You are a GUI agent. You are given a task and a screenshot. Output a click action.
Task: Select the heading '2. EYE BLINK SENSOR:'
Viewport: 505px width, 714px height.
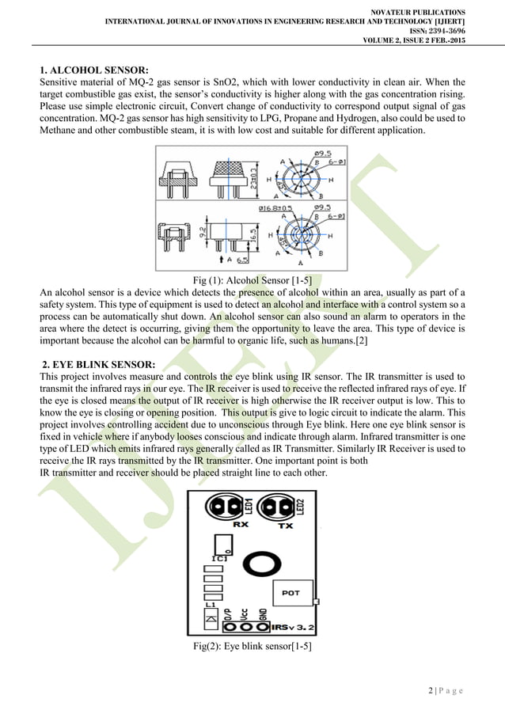click(98, 364)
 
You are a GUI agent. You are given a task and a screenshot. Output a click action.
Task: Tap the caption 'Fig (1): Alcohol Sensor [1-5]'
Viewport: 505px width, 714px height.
click(252, 279)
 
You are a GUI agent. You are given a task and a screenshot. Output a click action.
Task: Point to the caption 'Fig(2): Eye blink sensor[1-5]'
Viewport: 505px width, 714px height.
click(252, 647)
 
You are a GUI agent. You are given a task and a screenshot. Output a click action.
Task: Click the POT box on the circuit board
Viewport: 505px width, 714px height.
click(292, 592)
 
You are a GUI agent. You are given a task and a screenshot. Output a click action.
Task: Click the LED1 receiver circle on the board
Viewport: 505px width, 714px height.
click(223, 505)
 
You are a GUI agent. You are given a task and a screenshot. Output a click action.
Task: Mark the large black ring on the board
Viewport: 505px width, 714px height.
click(258, 563)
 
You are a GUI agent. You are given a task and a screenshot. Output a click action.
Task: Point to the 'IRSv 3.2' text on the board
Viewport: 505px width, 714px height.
click(292, 627)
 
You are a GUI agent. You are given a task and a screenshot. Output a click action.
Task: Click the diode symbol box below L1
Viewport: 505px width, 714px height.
click(210, 617)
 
